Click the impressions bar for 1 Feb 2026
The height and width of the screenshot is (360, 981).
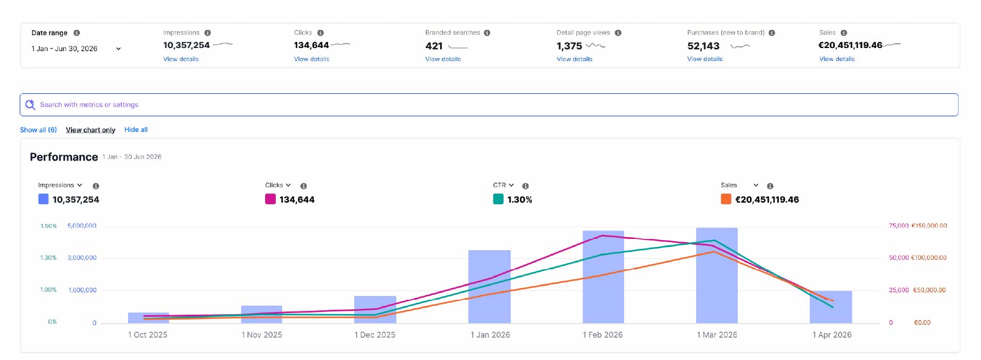(603, 277)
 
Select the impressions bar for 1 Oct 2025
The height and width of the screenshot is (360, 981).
(148, 318)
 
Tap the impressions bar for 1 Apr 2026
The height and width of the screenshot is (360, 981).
(831, 307)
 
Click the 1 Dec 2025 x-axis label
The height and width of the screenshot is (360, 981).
(375, 335)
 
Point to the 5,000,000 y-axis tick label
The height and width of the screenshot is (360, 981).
(82, 226)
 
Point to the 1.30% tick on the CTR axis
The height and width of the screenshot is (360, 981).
(48, 258)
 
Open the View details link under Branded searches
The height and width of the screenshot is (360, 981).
(443, 59)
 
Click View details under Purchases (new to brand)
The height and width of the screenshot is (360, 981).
(705, 59)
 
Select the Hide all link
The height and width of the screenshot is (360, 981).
(136, 130)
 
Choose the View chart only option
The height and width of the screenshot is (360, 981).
(91, 130)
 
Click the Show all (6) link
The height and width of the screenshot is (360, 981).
(38, 130)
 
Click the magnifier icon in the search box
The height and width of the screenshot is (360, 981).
(30, 105)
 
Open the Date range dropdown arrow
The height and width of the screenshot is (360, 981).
(118, 49)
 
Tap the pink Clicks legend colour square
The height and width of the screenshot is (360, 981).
(270, 199)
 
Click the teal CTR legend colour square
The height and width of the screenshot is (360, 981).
(498, 199)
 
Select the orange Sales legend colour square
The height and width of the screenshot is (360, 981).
(726, 199)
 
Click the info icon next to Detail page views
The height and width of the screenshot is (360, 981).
(618, 33)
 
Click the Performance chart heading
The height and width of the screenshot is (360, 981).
(64, 157)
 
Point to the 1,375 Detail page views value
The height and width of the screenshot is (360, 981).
(569, 46)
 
